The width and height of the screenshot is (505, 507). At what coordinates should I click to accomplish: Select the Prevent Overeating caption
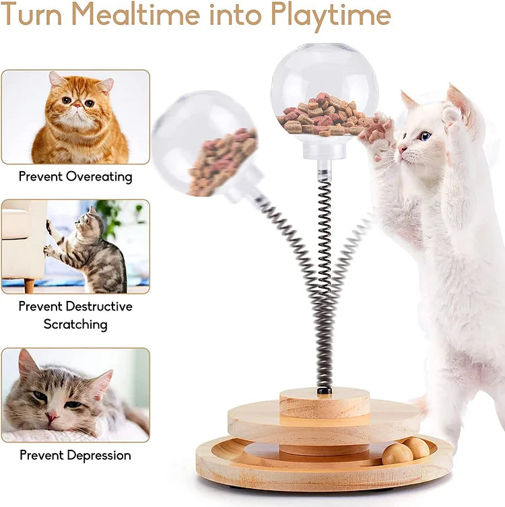pyautogui.click(x=75, y=176)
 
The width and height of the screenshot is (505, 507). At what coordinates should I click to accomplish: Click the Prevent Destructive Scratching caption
pyautogui.click(x=75, y=315)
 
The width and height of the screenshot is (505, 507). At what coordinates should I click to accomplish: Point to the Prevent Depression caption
pyautogui.click(x=75, y=455)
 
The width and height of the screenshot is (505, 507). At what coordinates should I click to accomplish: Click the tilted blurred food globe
pyautogui.click(x=205, y=145)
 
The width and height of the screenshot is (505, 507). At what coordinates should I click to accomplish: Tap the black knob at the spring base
pyautogui.click(x=324, y=390)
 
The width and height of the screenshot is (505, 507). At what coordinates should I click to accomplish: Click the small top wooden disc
pyautogui.click(x=325, y=403)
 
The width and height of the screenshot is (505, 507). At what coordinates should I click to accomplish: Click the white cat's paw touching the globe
pyautogui.click(x=377, y=131)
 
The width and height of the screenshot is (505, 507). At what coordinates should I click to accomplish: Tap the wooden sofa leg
pyautogui.click(x=29, y=285)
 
